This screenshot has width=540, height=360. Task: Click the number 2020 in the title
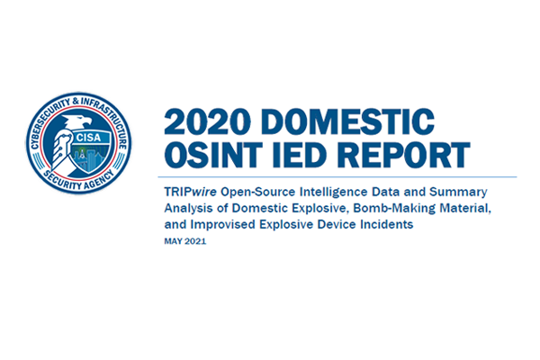point(207,121)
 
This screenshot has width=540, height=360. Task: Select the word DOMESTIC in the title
point(347,121)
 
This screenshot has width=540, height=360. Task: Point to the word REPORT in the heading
point(403,155)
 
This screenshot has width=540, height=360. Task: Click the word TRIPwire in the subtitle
point(190,192)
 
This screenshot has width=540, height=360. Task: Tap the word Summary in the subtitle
point(458,193)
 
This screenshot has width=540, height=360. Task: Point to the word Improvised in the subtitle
point(223,225)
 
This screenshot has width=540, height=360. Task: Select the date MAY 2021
point(184,241)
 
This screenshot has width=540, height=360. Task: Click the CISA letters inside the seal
point(88,138)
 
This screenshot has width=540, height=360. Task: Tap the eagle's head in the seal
point(77,122)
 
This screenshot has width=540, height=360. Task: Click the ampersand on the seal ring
point(76,102)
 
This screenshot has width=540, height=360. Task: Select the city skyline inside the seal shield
point(90,157)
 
